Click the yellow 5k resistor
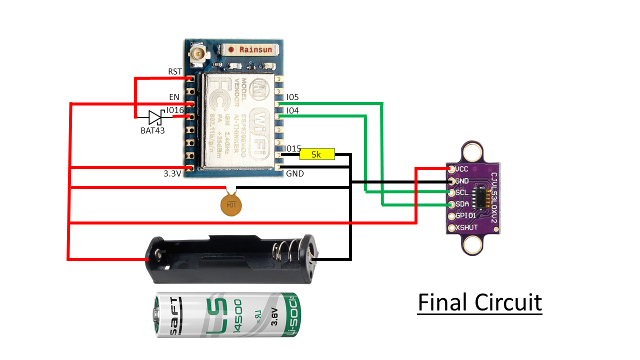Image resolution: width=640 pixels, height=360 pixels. tap(316, 154)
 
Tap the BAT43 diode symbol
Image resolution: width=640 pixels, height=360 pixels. tap(154, 118)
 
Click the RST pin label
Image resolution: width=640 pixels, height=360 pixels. tap(175, 72)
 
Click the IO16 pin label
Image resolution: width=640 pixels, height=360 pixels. tap(175, 110)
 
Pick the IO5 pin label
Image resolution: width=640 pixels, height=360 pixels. tap(292, 97)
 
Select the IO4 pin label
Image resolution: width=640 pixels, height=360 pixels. tap(292, 110)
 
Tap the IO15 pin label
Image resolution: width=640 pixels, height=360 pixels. tap(292, 148)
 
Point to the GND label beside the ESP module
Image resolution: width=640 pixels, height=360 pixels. tap(295, 174)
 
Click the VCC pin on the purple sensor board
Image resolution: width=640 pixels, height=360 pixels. tap(452, 169)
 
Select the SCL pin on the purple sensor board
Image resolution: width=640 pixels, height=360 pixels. tap(452, 193)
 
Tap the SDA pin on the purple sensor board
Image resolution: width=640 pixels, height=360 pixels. tap(452, 205)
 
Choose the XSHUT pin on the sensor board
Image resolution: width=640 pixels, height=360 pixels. tap(453, 228)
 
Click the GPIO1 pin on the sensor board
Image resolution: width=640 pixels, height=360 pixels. tap(453, 216)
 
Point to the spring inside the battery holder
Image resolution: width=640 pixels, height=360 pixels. tap(282, 253)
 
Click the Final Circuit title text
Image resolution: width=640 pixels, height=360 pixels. tap(479, 302)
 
